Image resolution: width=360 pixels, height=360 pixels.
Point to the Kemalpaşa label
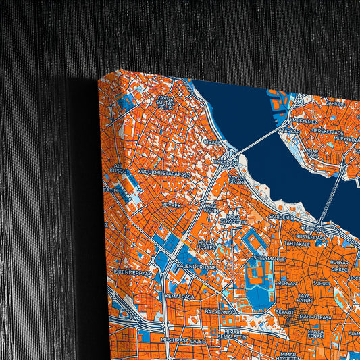pyautogui.click(x=179, y=297)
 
